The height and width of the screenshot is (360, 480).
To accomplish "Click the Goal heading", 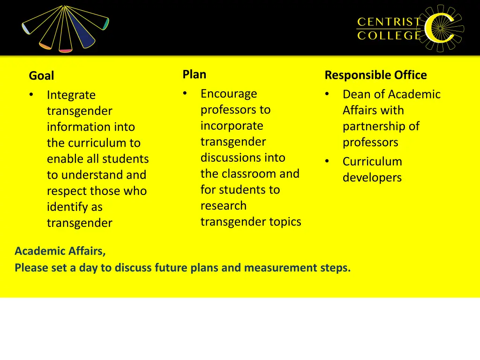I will pos(41,75).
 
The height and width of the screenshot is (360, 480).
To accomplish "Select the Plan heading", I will pos(194,74).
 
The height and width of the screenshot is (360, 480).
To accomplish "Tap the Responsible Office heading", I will pos(375,75).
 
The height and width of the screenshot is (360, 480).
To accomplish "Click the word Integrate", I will pos(71,95).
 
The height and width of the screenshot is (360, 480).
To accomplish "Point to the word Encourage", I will pos(229,94).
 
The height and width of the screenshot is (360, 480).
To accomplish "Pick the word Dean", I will pos(355,94).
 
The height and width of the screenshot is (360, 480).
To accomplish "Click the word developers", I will pos(372,178).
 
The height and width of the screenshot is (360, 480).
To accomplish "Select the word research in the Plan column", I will pos(223,206).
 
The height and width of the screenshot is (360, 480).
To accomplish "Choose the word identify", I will pos(68,207).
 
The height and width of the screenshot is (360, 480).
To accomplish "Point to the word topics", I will pos(285,222).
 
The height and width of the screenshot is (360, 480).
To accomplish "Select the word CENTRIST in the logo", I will pos(389,22).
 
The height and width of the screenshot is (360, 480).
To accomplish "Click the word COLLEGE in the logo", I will pos(389,36).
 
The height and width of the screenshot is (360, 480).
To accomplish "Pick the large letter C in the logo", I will pos(439,28).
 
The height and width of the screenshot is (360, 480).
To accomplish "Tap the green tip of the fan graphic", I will pos(106,24).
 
